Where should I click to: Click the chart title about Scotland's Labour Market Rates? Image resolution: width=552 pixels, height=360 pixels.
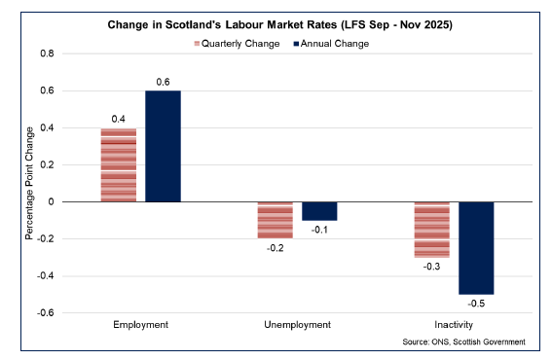point(276,21)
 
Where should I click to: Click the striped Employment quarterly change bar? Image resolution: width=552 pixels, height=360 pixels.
point(119,165)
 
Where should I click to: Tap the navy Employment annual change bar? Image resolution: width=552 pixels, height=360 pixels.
point(163,146)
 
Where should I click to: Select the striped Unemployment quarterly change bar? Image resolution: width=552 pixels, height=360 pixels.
point(276,220)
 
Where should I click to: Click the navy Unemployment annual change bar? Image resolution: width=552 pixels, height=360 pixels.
point(319,211)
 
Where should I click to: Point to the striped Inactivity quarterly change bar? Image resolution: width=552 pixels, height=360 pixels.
point(432,230)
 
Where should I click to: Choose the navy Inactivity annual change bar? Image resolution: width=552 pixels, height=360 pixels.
point(476,248)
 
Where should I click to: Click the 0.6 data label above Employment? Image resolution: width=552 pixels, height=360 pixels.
point(163,82)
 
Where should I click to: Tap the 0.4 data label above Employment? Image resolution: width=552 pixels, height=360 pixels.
point(119,119)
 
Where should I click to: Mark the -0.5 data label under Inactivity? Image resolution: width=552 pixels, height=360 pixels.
point(476,304)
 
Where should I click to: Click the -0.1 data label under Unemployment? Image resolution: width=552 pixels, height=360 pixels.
point(319,230)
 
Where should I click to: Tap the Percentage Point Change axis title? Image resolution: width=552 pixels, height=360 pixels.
point(28,183)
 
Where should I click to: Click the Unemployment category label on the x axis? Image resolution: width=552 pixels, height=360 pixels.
point(297,325)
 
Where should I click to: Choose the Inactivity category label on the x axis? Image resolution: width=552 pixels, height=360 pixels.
point(454,325)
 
